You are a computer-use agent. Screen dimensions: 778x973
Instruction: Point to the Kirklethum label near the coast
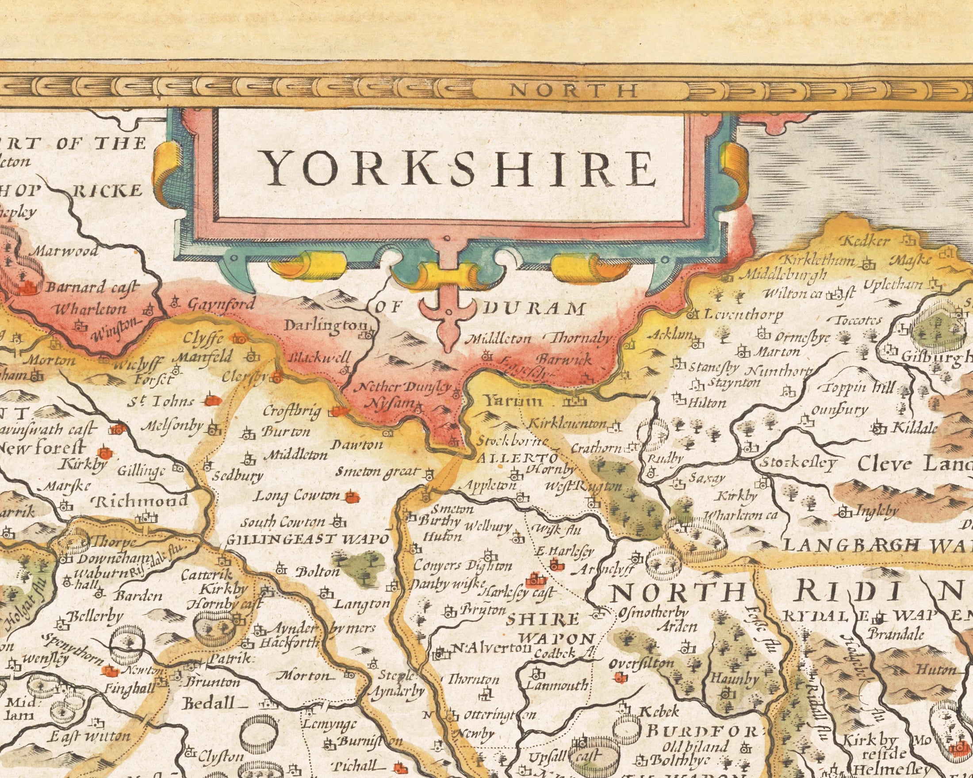(x=817, y=261)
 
